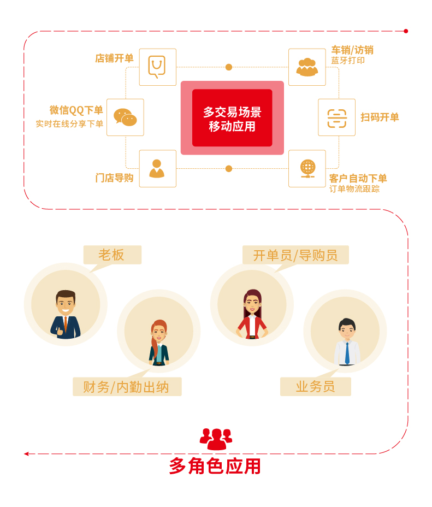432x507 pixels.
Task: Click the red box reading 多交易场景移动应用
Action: point(232,118)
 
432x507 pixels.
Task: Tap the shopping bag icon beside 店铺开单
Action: point(157,67)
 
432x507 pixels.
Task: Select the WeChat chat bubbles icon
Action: point(125,117)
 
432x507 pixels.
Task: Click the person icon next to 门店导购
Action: point(157,168)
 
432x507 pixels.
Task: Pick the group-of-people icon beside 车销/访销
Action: point(307,67)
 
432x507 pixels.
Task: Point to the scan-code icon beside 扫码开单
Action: point(336,117)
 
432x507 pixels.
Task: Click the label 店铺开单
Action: point(114,58)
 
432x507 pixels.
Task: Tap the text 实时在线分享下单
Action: point(69,124)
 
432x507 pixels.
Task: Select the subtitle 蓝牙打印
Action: point(348,61)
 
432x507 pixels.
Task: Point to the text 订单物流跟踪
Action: point(354,189)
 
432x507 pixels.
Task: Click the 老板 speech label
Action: point(112,255)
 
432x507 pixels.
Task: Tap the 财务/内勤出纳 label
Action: point(126,387)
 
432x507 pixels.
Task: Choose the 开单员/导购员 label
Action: point(295,255)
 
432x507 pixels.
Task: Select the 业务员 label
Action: point(315,387)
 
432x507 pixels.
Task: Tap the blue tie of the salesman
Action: point(347,352)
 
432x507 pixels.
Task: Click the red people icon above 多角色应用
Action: point(216,439)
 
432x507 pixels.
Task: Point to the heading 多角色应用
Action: point(215,466)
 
